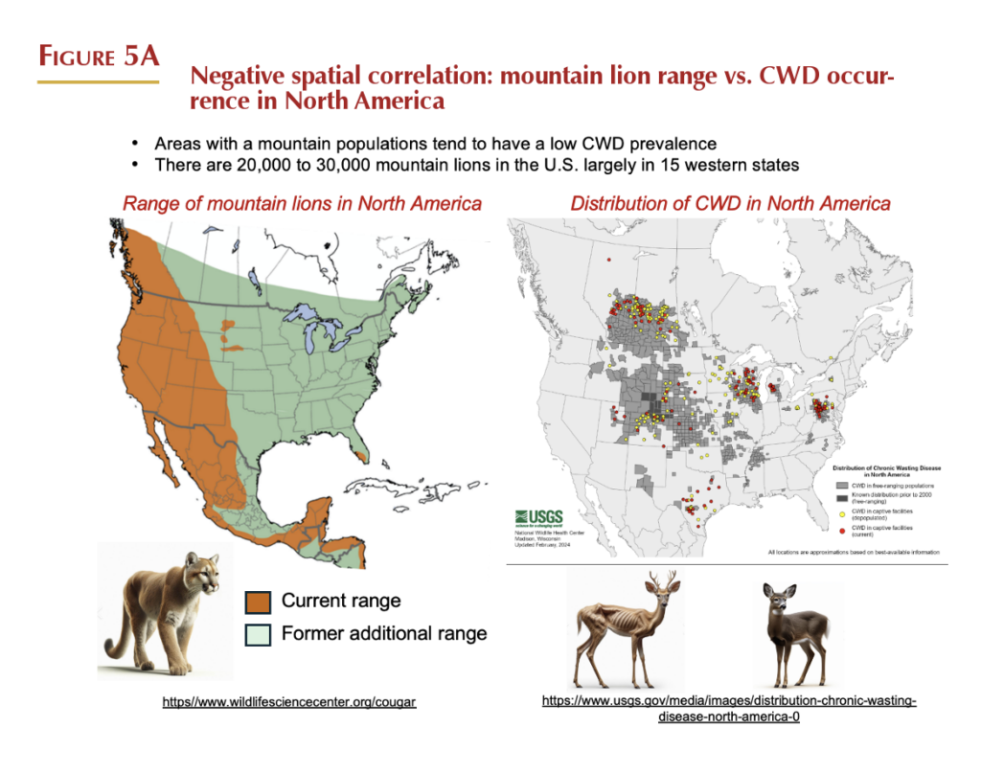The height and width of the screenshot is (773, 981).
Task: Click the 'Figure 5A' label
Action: point(98,56)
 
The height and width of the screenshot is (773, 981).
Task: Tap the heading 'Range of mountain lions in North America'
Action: point(301,203)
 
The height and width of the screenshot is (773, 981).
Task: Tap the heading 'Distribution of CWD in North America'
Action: point(730,203)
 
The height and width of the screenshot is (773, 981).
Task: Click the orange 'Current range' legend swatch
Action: point(257,602)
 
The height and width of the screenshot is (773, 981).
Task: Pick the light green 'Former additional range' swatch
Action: point(257,634)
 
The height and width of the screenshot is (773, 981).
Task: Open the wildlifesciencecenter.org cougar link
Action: point(288,702)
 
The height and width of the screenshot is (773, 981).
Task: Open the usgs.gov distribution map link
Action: point(729,709)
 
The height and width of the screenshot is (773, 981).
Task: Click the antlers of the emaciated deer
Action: point(660,580)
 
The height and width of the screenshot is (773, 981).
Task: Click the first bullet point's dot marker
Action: point(136,144)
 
